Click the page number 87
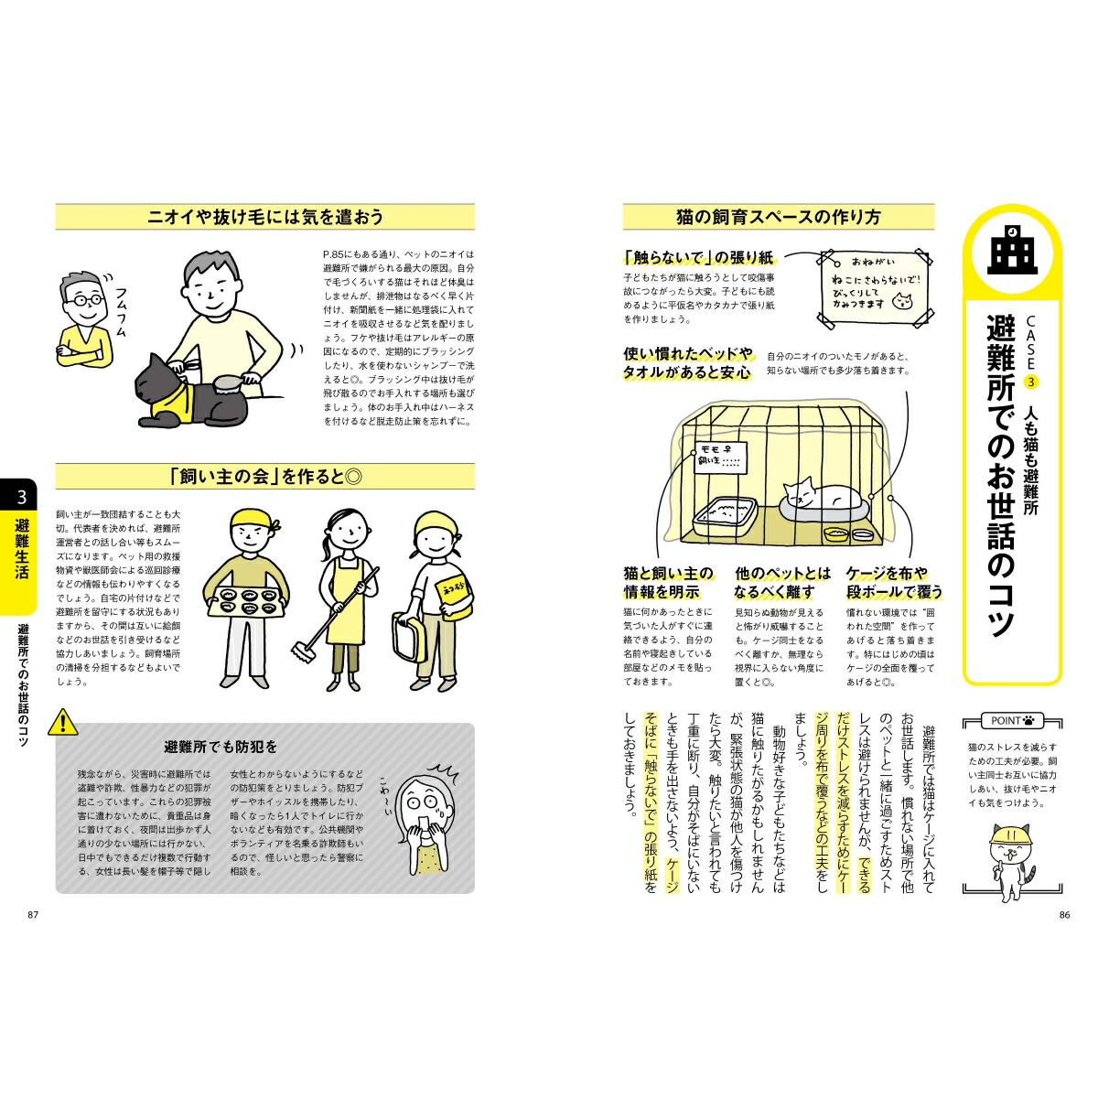click(x=34, y=914)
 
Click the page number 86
click(x=1063, y=914)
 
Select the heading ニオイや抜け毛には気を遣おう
click(x=265, y=217)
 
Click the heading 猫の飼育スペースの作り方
click(x=778, y=217)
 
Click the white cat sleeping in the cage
click(x=820, y=495)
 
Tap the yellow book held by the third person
click(x=453, y=594)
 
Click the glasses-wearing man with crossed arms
click(x=81, y=320)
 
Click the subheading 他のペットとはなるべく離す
click(x=783, y=582)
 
